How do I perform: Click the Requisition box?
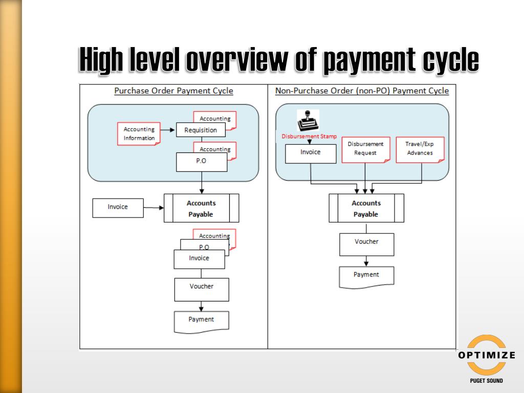click(x=201, y=130)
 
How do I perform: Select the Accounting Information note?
click(x=139, y=134)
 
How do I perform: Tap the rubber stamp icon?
click(x=308, y=121)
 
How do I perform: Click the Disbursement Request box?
click(x=365, y=149)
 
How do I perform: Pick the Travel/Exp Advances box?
click(x=420, y=149)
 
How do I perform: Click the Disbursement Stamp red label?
click(x=309, y=137)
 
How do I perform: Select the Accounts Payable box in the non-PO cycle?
click(x=366, y=209)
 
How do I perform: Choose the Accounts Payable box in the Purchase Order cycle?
click(x=201, y=208)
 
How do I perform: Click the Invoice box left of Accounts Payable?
click(x=118, y=207)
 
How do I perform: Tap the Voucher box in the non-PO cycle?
click(x=366, y=244)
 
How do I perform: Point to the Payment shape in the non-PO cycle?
click(x=366, y=276)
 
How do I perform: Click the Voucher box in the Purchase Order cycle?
click(x=201, y=289)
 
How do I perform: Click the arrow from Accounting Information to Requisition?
click(x=168, y=130)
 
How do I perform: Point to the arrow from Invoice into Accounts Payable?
click(x=154, y=208)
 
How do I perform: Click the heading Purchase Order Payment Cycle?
click(x=173, y=91)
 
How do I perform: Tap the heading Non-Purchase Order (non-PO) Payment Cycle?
click(x=362, y=91)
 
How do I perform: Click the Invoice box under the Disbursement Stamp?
click(x=311, y=153)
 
